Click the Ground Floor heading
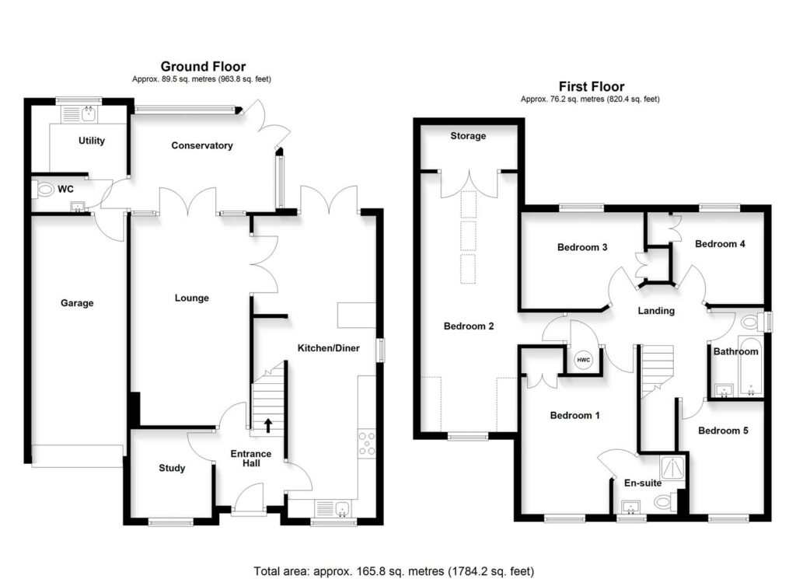(203, 67)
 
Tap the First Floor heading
(591, 86)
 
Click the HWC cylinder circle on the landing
(584, 359)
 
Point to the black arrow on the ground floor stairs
(269, 424)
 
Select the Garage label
(77, 303)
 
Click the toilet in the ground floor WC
(45, 188)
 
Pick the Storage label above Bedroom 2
(468, 136)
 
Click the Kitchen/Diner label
(329, 348)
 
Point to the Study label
(172, 468)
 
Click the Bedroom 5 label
(723, 431)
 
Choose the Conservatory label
(202, 145)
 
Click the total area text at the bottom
(394, 570)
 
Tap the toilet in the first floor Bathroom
(750, 321)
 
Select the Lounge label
(191, 298)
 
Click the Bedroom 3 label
(582, 247)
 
